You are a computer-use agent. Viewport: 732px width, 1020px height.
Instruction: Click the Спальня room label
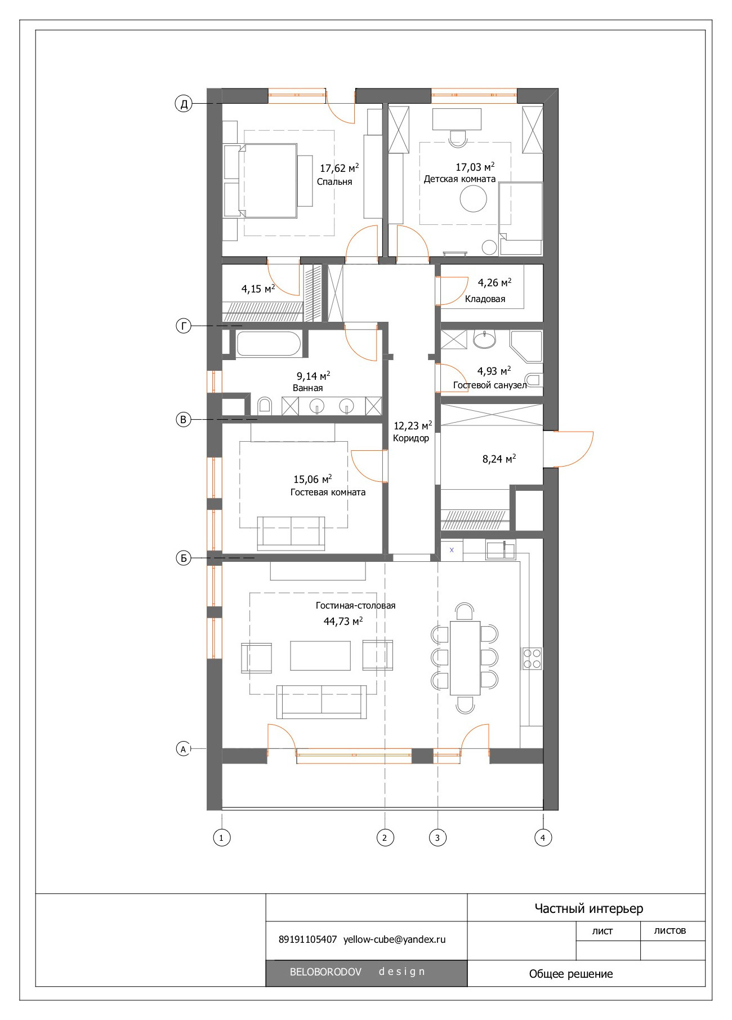point(334,182)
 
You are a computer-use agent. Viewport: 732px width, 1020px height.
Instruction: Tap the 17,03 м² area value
point(475,167)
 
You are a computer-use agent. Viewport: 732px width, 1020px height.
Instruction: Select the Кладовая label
point(485,299)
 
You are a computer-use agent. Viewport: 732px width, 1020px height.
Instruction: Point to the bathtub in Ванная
point(269,343)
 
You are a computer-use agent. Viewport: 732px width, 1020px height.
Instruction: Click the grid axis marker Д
point(184,104)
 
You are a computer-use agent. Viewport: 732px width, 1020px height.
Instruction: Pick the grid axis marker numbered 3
point(438,837)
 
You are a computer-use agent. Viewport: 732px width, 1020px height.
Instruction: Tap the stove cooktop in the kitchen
point(532,658)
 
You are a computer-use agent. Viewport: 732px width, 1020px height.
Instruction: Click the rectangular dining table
point(465,658)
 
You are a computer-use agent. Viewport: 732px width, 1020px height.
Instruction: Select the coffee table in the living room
point(320,655)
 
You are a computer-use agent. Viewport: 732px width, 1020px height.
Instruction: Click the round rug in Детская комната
point(474,198)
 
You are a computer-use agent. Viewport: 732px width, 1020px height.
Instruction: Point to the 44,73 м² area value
point(343,621)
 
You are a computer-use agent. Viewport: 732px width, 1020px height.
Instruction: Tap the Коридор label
point(411,438)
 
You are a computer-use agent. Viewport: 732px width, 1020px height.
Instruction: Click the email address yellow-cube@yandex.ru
point(395,939)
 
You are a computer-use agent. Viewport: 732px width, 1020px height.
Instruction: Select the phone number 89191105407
point(307,939)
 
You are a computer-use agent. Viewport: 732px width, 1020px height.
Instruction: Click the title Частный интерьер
point(588,908)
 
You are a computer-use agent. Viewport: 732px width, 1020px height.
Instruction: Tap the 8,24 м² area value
point(499,459)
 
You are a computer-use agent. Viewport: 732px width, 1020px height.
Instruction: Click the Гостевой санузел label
point(490,385)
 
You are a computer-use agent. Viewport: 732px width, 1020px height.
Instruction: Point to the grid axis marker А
point(183,749)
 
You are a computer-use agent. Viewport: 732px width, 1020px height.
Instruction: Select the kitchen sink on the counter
point(501,549)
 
